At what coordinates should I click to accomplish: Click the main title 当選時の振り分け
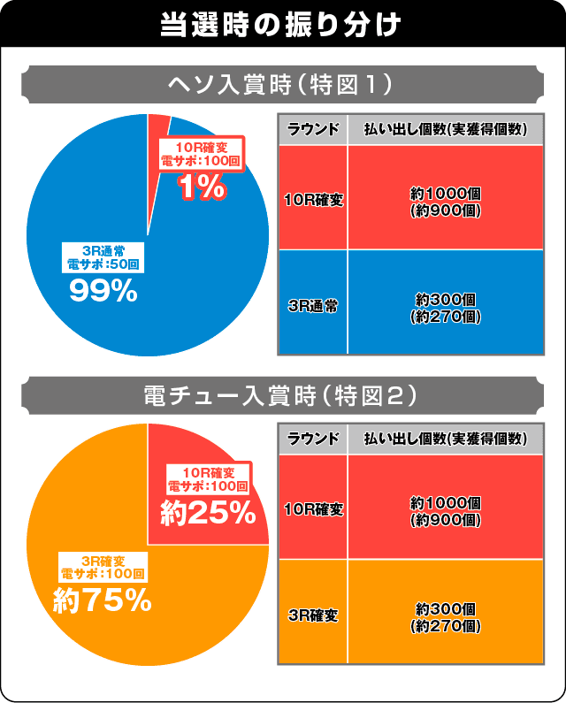[282, 24]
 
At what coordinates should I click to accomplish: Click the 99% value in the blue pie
[103, 291]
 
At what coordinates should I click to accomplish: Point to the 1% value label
[203, 187]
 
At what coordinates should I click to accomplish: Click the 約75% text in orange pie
[102, 601]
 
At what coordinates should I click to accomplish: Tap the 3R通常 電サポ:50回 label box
[103, 256]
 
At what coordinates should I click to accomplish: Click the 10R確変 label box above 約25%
[209, 478]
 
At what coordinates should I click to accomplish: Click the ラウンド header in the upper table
[313, 129]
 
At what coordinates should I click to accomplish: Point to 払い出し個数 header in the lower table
[446, 439]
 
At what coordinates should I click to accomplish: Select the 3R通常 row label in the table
[313, 302]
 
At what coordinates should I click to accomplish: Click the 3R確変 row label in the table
[313, 612]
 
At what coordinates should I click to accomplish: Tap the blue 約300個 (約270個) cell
[446, 302]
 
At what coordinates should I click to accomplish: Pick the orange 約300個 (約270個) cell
[446, 612]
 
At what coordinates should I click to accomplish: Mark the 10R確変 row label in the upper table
[313, 198]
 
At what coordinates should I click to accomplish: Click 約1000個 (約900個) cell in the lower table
[446, 508]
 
